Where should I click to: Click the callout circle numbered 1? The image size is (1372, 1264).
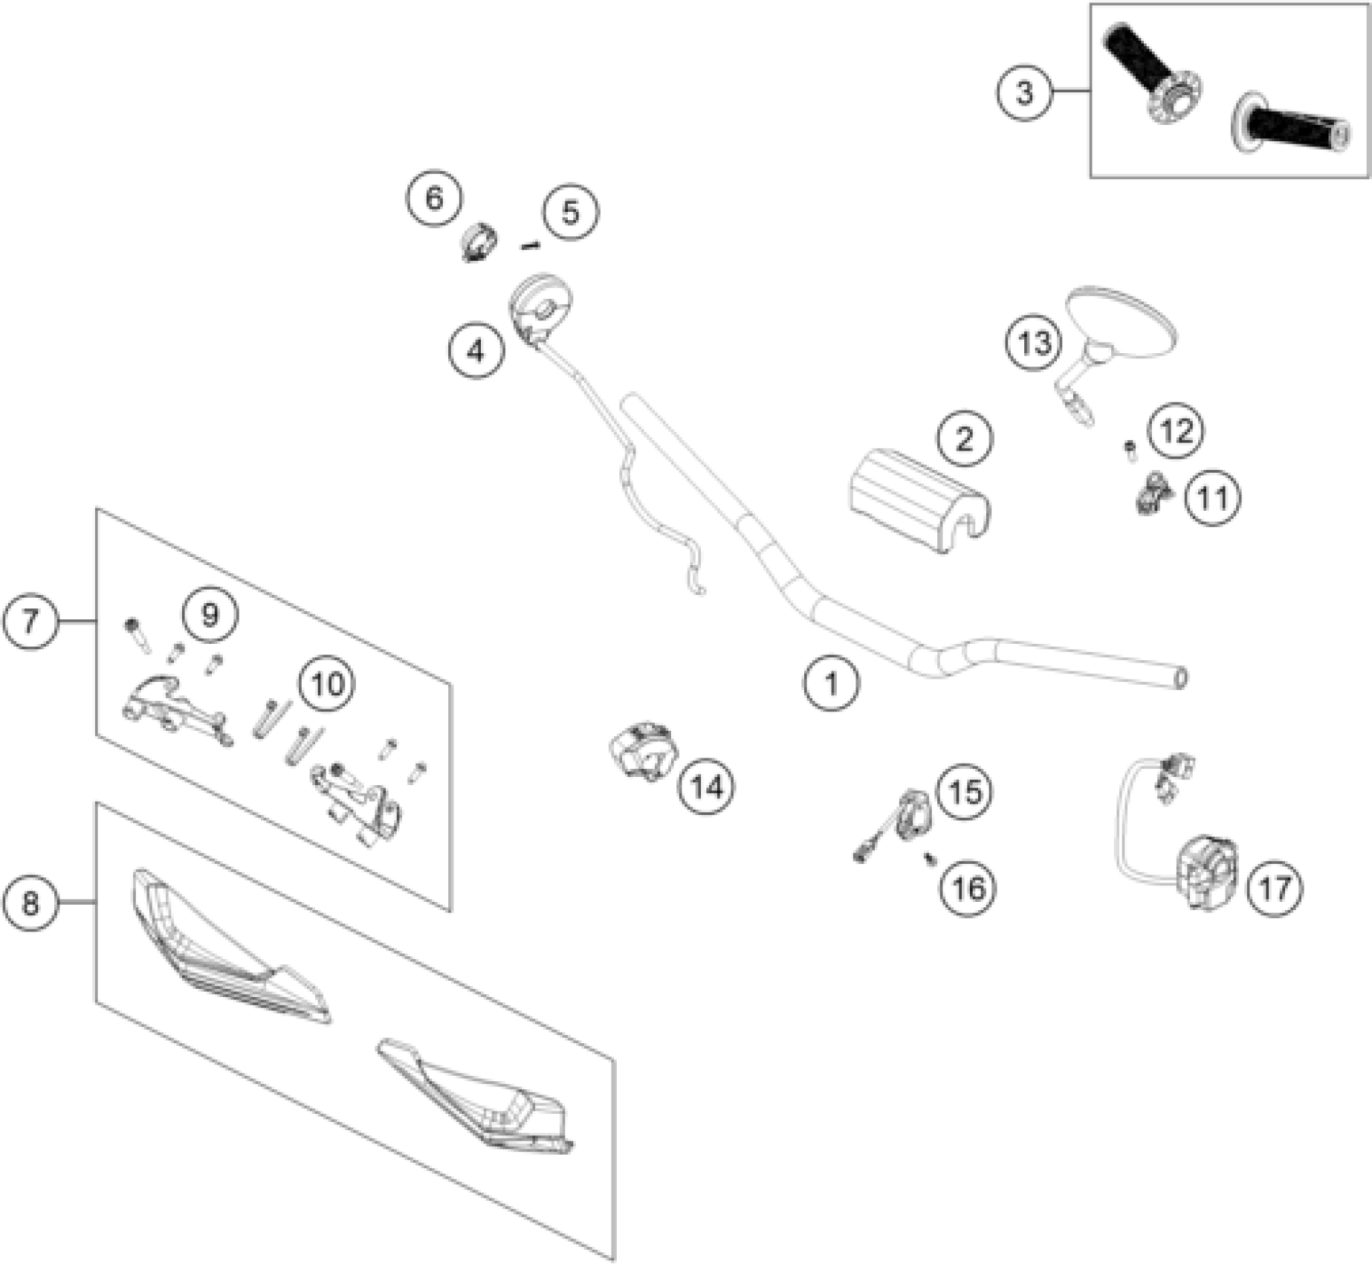(832, 683)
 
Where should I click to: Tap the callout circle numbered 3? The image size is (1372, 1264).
(1025, 93)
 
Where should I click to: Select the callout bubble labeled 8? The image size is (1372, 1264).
(30, 903)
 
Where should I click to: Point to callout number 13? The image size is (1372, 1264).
(1035, 344)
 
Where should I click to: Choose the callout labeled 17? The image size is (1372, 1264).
(1275, 887)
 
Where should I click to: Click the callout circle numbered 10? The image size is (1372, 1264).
(328, 683)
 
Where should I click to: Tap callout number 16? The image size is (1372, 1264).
(968, 888)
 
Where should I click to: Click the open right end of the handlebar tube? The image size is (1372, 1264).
(1180, 679)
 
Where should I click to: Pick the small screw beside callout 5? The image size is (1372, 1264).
(530, 245)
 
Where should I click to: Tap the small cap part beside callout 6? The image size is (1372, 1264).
(479, 242)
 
